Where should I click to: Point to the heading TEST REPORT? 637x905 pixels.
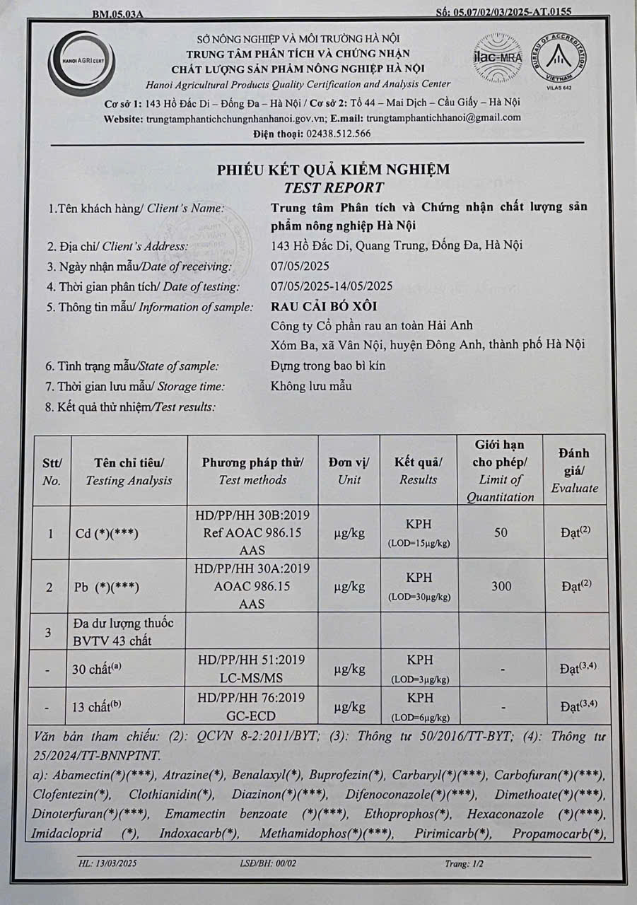point(334,187)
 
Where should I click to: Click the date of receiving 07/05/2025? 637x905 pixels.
point(300,267)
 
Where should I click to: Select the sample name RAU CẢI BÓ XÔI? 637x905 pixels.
point(324,306)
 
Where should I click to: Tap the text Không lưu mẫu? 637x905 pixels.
point(311,386)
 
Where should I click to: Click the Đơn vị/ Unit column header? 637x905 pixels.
point(349,471)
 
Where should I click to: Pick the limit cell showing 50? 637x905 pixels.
point(501,532)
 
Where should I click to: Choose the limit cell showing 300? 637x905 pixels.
point(501,586)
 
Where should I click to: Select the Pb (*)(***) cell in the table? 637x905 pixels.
point(106,588)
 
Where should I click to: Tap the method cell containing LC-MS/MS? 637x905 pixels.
point(252,668)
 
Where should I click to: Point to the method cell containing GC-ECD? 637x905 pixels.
point(252,706)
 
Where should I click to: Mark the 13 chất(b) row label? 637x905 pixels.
point(103,706)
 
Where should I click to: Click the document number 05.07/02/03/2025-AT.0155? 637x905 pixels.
point(504,11)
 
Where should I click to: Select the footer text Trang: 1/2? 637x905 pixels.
point(464,863)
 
